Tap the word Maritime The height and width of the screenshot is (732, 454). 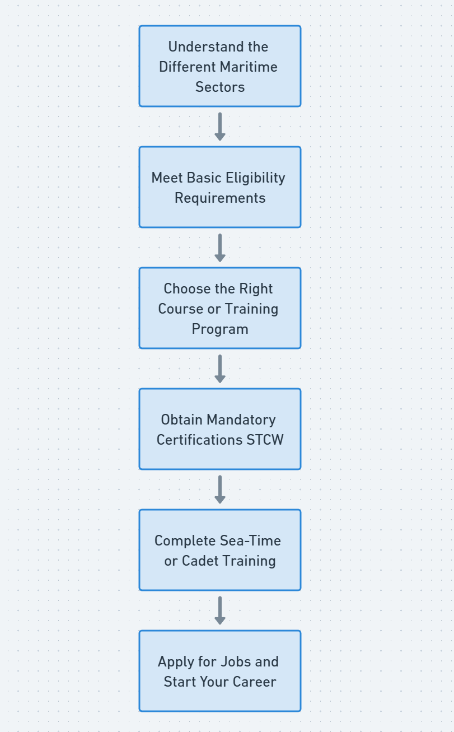click(x=252, y=67)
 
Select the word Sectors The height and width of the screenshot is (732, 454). click(x=220, y=87)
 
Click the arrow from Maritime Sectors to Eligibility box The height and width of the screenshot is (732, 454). click(x=220, y=127)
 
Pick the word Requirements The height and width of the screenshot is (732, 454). click(x=220, y=198)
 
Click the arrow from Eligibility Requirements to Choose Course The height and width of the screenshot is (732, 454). click(x=220, y=248)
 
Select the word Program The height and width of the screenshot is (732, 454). click(x=220, y=329)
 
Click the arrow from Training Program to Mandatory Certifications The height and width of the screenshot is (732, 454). click(x=220, y=369)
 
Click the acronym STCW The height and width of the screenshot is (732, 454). click(x=265, y=440)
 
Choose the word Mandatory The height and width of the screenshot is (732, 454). click(x=241, y=419)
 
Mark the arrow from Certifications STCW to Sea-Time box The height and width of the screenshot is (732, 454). click(x=220, y=489)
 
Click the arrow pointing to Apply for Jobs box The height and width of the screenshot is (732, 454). click(x=220, y=610)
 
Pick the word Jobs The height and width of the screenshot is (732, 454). click(x=235, y=661)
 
